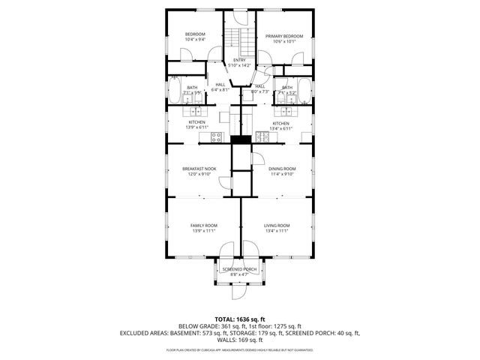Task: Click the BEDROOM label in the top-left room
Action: click(x=195, y=34)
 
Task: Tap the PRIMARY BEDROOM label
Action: click(x=283, y=36)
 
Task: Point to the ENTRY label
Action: click(x=239, y=60)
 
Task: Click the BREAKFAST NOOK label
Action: click(x=199, y=169)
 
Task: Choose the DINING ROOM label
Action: click(x=282, y=169)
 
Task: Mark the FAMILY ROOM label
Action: click(x=203, y=226)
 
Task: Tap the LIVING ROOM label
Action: click(x=277, y=226)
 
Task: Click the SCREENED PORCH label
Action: click(x=239, y=269)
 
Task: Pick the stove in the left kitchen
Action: click(x=216, y=136)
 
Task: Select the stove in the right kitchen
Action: click(x=261, y=136)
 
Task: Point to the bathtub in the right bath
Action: click(x=304, y=94)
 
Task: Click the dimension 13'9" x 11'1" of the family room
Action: click(x=203, y=231)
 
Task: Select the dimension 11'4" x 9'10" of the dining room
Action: click(x=282, y=174)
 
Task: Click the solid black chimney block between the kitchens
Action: click(x=240, y=139)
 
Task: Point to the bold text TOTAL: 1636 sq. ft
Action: click(x=239, y=319)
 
